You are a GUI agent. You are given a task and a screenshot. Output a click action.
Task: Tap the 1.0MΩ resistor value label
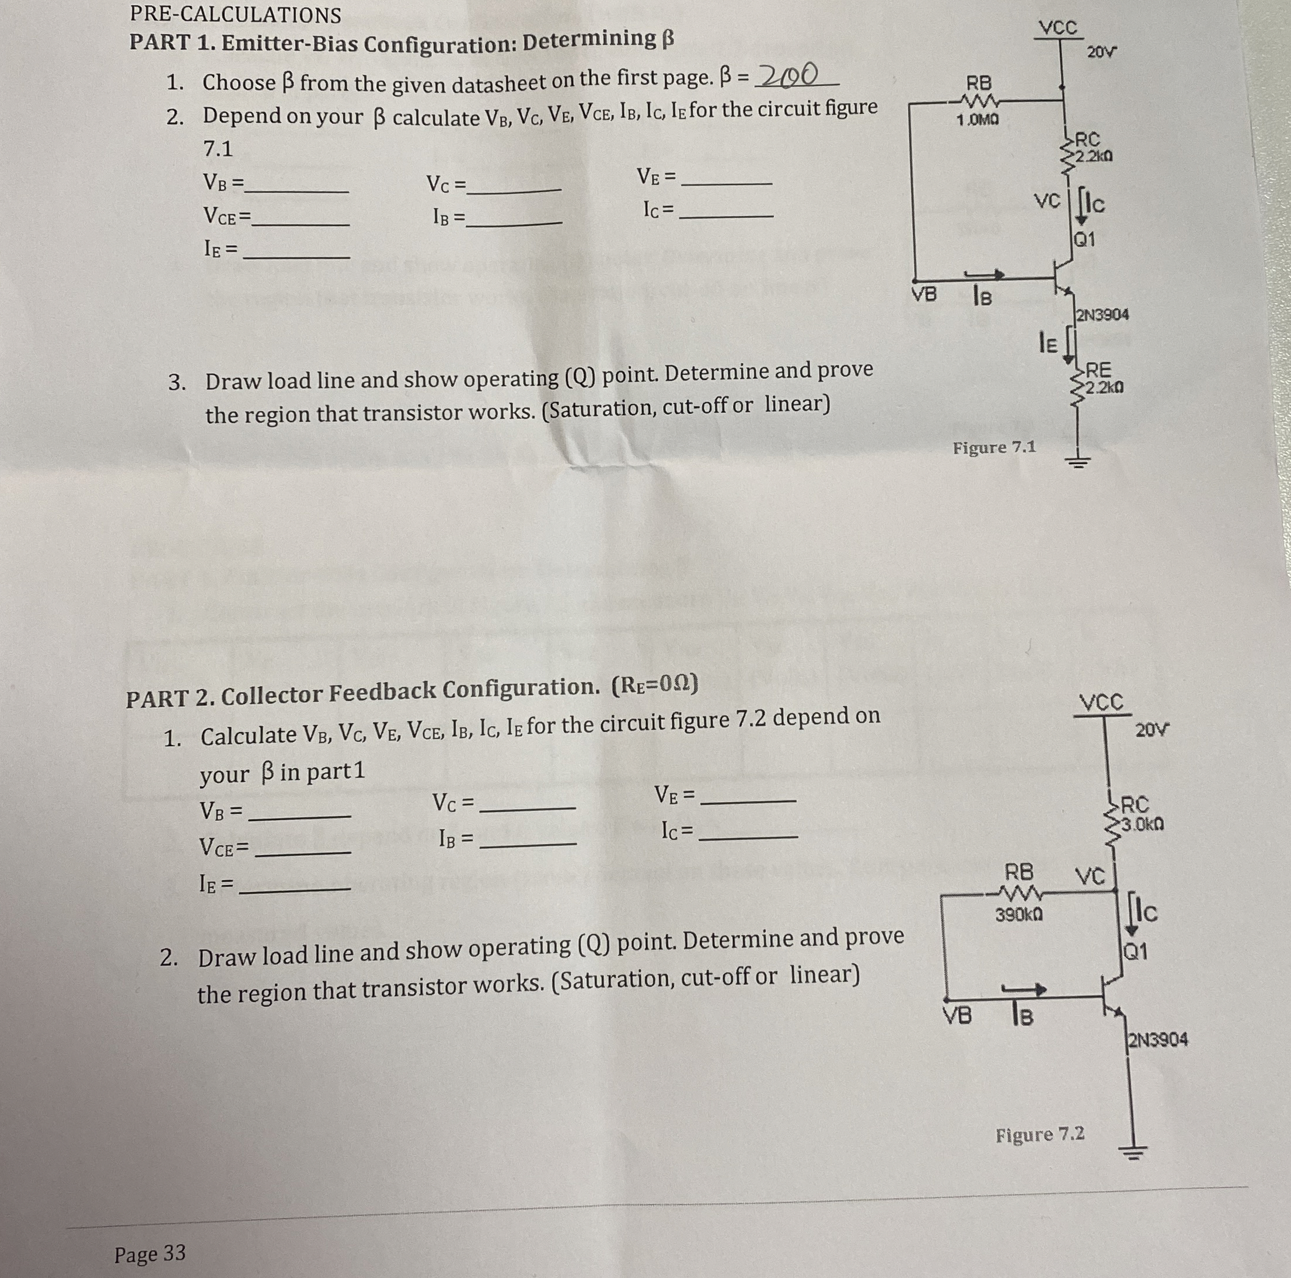click(978, 120)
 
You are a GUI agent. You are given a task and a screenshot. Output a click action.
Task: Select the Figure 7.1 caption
click(994, 447)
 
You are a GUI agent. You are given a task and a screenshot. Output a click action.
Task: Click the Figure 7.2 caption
click(1040, 1134)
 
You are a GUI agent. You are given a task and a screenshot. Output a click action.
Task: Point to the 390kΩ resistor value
click(1019, 914)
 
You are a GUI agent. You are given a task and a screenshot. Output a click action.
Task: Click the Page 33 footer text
click(149, 1254)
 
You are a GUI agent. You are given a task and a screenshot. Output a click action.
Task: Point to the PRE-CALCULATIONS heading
click(235, 15)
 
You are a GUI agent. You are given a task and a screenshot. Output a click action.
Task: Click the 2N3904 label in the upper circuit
click(1102, 314)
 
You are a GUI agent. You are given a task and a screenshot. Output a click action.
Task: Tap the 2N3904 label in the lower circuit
click(1157, 1039)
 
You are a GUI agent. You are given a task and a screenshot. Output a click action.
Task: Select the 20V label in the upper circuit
click(1101, 51)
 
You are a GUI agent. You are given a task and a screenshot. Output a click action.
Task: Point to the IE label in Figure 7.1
click(1048, 343)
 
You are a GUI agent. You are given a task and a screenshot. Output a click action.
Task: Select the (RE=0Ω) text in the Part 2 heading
click(655, 684)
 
